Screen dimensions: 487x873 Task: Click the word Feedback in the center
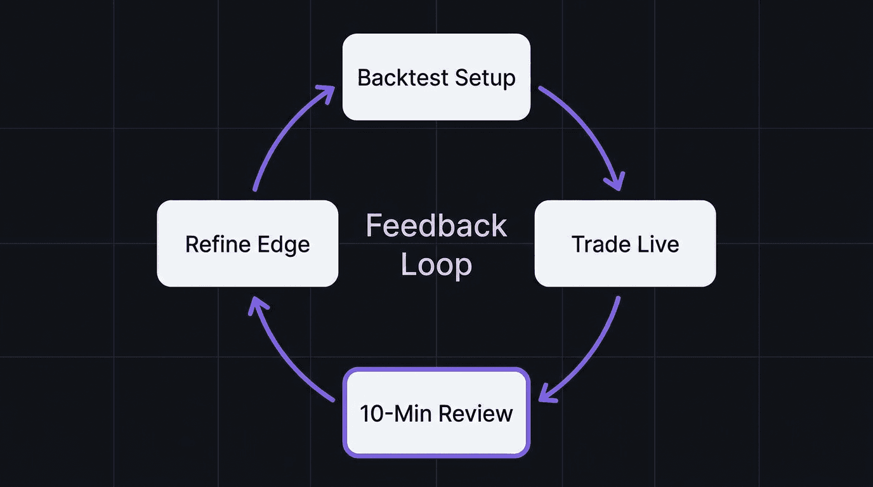pos(436,226)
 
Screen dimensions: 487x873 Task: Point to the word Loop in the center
pos(436,264)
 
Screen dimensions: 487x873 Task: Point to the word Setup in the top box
pos(485,78)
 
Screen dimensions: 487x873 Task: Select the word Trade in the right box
pos(597,244)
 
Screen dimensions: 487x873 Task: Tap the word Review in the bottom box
pos(475,413)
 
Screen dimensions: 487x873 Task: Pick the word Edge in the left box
pos(284,244)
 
